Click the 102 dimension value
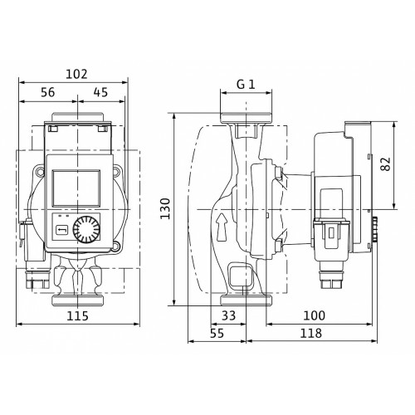click(x=76, y=74)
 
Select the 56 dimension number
click(x=48, y=92)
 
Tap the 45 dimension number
click(x=100, y=92)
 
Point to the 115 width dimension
click(x=77, y=315)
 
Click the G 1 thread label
click(x=246, y=85)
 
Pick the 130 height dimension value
click(x=165, y=208)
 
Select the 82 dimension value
click(x=385, y=164)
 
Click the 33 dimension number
click(x=229, y=315)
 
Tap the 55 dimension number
click(x=217, y=334)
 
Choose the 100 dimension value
click(x=315, y=315)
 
